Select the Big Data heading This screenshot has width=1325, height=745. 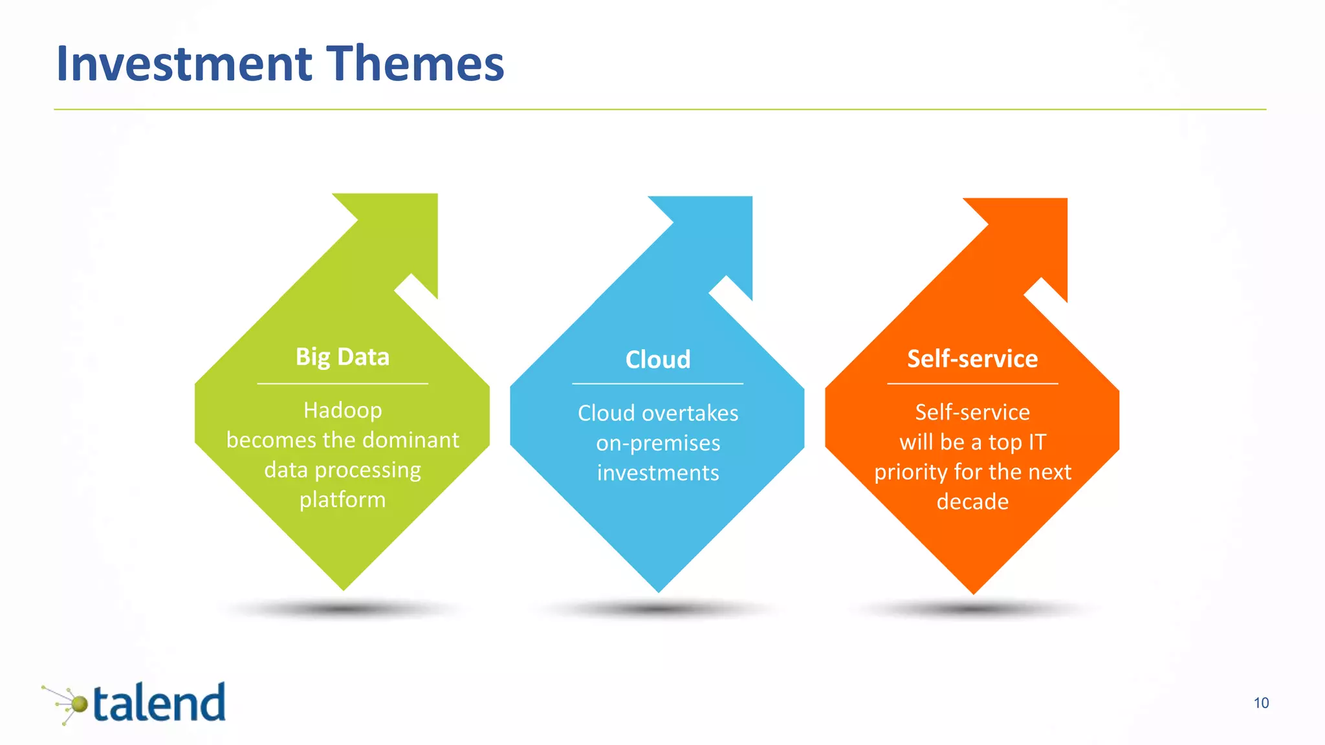(x=342, y=357)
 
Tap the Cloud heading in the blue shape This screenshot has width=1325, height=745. (x=657, y=360)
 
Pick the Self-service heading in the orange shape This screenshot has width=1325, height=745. (x=972, y=358)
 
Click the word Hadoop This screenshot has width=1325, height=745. (x=342, y=410)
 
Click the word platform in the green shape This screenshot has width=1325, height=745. (x=342, y=499)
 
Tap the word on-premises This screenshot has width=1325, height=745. (x=657, y=443)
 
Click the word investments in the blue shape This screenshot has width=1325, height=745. (x=657, y=473)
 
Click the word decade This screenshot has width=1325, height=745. (x=972, y=502)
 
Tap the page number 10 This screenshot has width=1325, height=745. (x=1261, y=703)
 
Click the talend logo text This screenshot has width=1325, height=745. (x=159, y=704)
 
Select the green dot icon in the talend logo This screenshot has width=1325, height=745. (x=79, y=704)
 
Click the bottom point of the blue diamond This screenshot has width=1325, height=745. (x=658, y=589)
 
